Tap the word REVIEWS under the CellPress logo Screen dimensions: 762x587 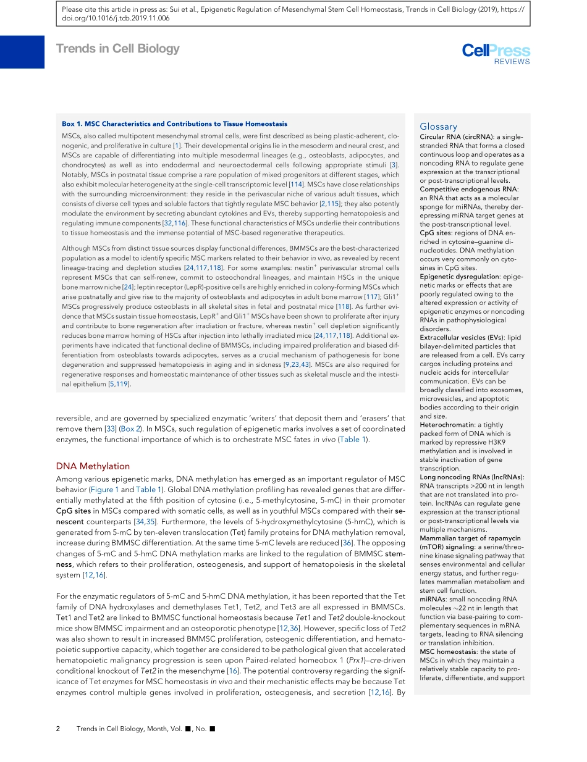512,62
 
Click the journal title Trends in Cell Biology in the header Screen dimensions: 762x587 118,49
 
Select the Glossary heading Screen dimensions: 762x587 438,127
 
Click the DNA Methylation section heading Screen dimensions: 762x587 93,466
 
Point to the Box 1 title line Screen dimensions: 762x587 174,124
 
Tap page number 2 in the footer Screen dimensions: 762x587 58,729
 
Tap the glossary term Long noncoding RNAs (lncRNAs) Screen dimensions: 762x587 471,477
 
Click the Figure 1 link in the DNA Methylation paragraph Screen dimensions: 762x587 104,490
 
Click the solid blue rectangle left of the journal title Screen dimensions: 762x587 22,52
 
